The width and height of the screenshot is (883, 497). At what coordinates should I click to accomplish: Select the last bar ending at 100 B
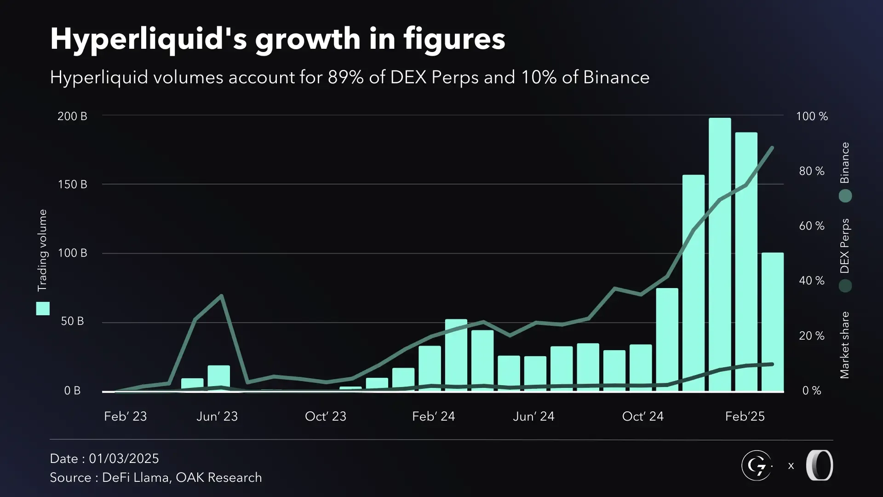click(773, 322)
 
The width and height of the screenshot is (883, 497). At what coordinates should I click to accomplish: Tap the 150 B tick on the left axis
click(72, 185)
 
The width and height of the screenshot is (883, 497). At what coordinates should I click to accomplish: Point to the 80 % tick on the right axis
click(812, 171)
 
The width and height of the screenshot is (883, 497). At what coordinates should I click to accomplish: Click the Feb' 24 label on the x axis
click(433, 416)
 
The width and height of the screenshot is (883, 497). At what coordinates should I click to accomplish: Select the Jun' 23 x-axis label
click(217, 416)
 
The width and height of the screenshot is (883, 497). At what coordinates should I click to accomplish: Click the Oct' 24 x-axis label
click(642, 416)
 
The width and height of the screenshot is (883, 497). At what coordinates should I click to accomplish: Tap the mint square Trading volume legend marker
click(43, 309)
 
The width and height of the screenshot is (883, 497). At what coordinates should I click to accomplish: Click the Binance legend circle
click(845, 196)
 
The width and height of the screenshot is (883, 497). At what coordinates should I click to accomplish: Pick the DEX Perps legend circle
click(845, 286)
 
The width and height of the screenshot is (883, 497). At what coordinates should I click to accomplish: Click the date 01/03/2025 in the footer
click(124, 458)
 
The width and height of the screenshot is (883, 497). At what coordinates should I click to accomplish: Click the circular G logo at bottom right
click(757, 466)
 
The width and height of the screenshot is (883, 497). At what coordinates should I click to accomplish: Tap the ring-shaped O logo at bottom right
click(820, 466)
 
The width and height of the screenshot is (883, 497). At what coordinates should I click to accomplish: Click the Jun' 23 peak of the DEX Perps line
click(222, 295)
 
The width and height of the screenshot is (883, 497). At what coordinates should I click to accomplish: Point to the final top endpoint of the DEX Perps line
click(772, 148)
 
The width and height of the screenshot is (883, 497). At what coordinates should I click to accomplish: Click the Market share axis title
click(844, 345)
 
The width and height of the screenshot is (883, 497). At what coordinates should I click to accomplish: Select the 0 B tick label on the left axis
click(72, 391)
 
